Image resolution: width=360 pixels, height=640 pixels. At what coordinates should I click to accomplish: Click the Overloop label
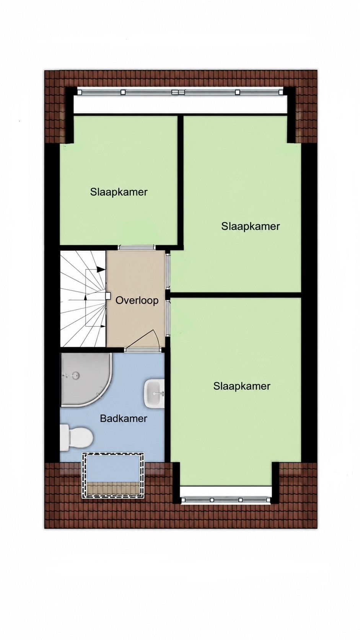coord(137,300)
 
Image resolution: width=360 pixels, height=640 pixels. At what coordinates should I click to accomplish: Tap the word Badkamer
coord(123,419)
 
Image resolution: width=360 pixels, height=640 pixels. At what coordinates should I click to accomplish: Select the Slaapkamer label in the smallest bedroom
coord(119,192)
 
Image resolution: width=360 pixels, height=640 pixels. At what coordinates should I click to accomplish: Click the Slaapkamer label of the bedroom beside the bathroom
coord(241,386)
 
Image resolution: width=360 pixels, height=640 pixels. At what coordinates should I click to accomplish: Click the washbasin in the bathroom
coord(155,393)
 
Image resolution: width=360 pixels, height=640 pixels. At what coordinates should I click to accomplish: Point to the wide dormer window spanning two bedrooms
coord(181,92)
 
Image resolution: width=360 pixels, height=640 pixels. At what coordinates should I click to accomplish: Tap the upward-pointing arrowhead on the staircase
coord(85,297)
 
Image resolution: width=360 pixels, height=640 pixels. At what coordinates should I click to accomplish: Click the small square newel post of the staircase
coord(108,296)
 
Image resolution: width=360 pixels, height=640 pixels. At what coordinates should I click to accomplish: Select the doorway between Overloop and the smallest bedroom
coord(136,247)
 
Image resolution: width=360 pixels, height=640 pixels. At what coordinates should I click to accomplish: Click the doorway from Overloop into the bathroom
coord(143,350)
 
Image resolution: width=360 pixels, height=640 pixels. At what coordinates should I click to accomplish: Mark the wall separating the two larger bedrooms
coord(236,295)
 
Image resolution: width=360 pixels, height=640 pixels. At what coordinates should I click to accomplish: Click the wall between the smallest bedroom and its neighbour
coord(180,182)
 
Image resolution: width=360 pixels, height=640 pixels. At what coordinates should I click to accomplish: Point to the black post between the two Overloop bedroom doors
coord(168,295)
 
